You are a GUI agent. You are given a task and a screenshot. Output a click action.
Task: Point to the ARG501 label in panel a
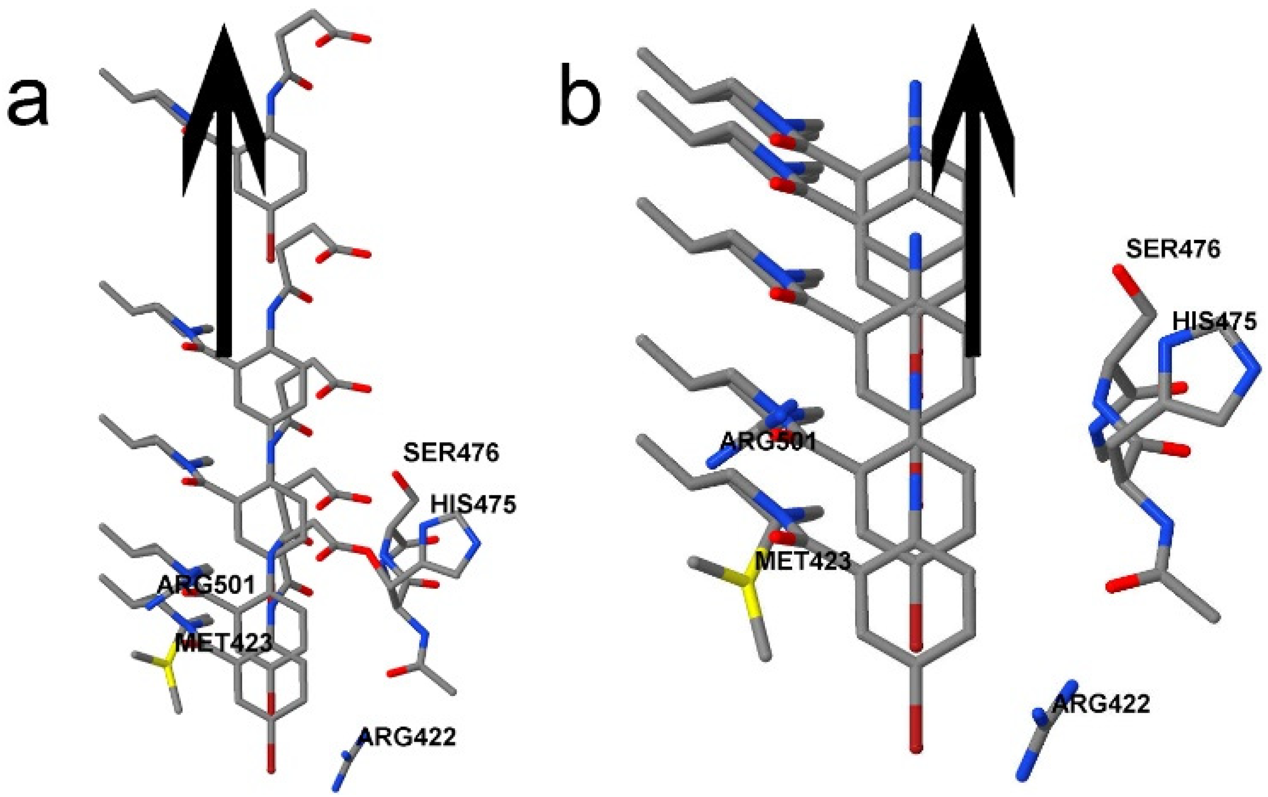[x=207, y=584]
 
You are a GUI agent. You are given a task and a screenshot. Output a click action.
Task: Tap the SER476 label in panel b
[x=1173, y=248]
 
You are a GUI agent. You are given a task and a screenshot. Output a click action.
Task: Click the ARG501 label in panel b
[x=768, y=441]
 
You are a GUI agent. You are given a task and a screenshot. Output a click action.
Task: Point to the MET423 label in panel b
[x=802, y=562]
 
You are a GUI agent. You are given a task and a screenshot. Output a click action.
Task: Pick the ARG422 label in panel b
[x=1101, y=704]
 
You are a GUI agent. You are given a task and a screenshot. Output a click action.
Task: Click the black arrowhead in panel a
[x=224, y=105]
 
